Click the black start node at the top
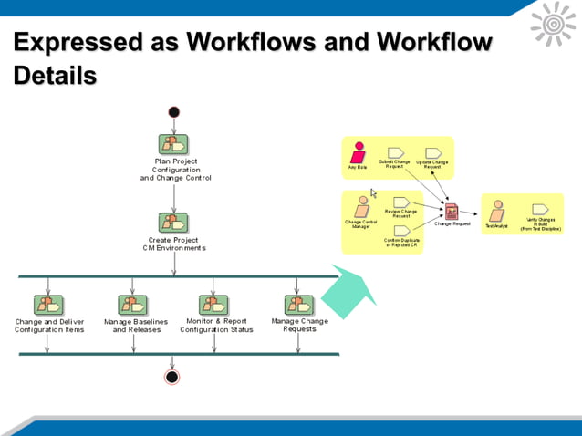pyautogui.click(x=174, y=112)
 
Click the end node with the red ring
pyautogui.click(x=171, y=377)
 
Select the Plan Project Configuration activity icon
pyautogui.click(x=173, y=144)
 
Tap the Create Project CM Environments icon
pyautogui.click(x=173, y=223)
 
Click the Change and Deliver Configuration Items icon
pyautogui.click(x=48, y=305)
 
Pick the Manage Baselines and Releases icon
pyautogui.click(x=133, y=305)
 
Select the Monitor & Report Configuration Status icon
pyautogui.click(x=213, y=305)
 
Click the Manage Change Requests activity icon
pyautogui.click(x=298, y=305)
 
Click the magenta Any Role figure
pyautogui.click(x=359, y=152)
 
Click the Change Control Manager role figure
pyautogui.click(x=362, y=206)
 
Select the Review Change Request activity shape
pyautogui.click(x=401, y=202)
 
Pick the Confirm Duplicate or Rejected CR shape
pyautogui.click(x=401, y=231)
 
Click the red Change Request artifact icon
pyautogui.click(x=452, y=212)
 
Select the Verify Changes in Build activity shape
pyautogui.click(x=540, y=210)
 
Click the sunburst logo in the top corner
pyautogui.click(x=553, y=24)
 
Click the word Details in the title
pyautogui.click(x=55, y=76)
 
